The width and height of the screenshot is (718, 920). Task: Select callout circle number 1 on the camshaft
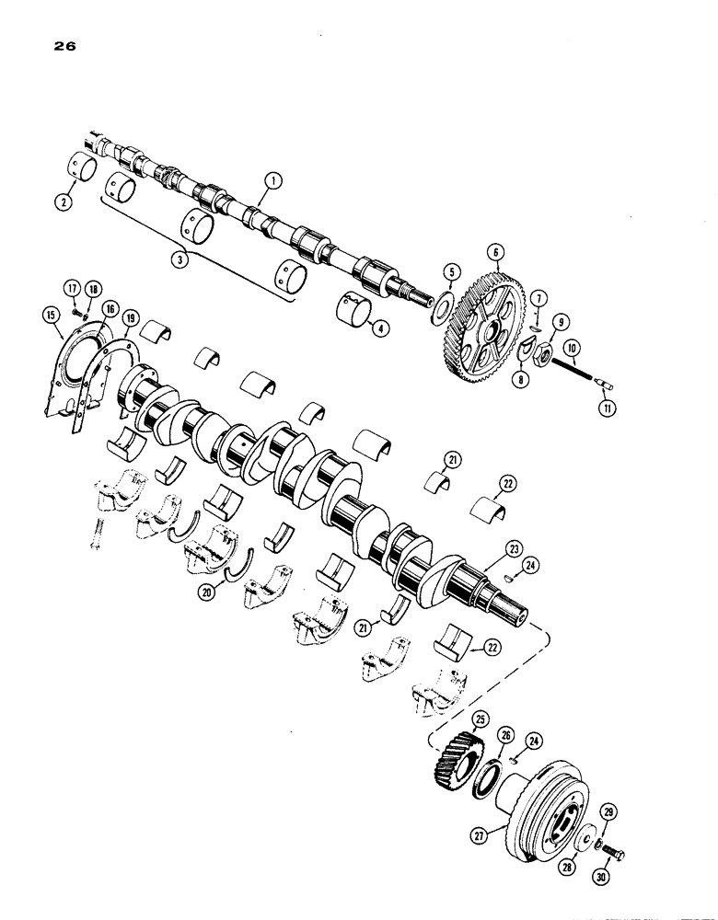(x=269, y=184)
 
